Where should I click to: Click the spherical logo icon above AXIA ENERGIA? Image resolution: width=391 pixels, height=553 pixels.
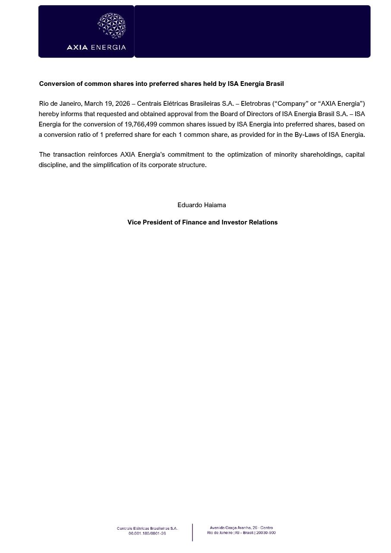pyautogui.click(x=112, y=25)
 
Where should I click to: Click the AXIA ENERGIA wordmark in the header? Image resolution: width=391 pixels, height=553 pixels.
pyautogui.click(x=96, y=47)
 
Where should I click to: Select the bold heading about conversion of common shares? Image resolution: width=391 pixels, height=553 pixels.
pyautogui.click(x=161, y=84)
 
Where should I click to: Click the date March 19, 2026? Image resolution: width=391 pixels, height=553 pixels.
pyautogui.click(x=107, y=104)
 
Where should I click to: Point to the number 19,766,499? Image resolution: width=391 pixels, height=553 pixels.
pyautogui.click(x=141, y=124)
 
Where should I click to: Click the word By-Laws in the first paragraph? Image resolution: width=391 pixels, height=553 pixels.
pyautogui.click(x=307, y=135)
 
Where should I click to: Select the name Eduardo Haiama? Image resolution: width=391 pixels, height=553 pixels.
pyautogui.click(x=202, y=205)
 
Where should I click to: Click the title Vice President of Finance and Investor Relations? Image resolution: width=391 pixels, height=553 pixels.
pyautogui.click(x=202, y=222)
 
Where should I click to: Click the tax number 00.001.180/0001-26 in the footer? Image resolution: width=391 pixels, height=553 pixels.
pyautogui.click(x=147, y=534)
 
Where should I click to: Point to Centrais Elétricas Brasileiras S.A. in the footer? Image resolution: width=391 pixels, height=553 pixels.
pyautogui.click(x=147, y=528)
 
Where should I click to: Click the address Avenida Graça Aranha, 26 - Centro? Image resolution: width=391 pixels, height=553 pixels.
pyautogui.click(x=241, y=528)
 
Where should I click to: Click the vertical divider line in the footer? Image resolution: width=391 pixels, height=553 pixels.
pyautogui.click(x=192, y=532)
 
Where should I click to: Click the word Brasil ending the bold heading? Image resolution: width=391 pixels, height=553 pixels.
pyautogui.click(x=274, y=84)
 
